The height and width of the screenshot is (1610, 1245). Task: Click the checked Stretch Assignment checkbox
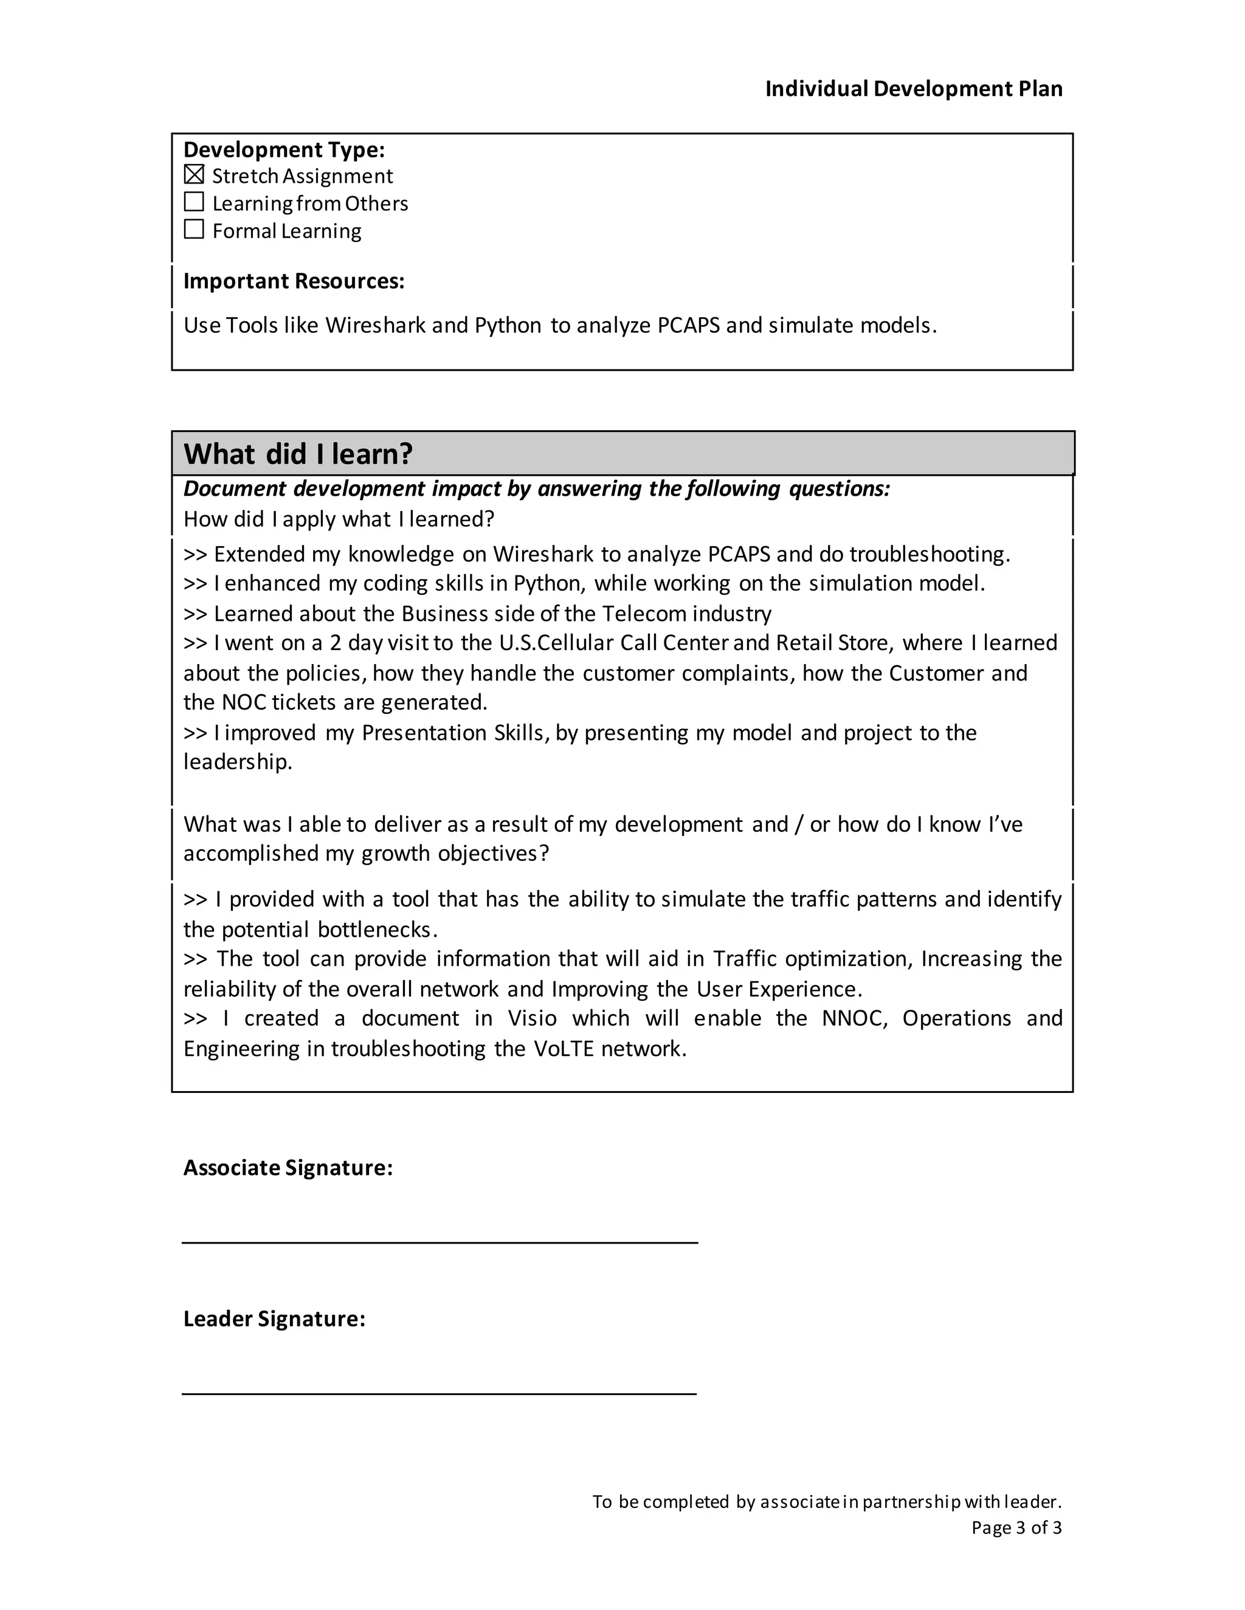pyautogui.click(x=194, y=175)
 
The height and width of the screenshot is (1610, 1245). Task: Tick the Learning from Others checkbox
pyautogui.click(x=194, y=202)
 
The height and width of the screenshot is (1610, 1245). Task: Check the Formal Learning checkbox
pyautogui.click(x=194, y=229)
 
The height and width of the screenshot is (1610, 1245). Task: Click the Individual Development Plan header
pyautogui.click(x=913, y=89)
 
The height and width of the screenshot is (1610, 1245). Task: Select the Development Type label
pyautogui.click(x=284, y=149)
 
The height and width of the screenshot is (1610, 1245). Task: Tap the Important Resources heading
pyautogui.click(x=294, y=281)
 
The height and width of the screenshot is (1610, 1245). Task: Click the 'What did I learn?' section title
pyautogui.click(x=298, y=453)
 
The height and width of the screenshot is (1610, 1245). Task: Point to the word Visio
pyautogui.click(x=532, y=1018)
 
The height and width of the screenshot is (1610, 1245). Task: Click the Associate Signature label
pyautogui.click(x=288, y=1168)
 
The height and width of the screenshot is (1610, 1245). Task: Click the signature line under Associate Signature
pyautogui.click(x=440, y=1242)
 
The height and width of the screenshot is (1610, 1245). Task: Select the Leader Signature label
pyautogui.click(x=274, y=1319)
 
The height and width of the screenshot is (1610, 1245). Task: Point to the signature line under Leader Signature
pyautogui.click(x=440, y=1393)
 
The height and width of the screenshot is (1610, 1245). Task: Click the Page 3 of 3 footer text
pyautogui.click(x=1016, y=1527)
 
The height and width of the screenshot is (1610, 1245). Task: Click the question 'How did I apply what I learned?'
pyautogui.click(x=339, y=519)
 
